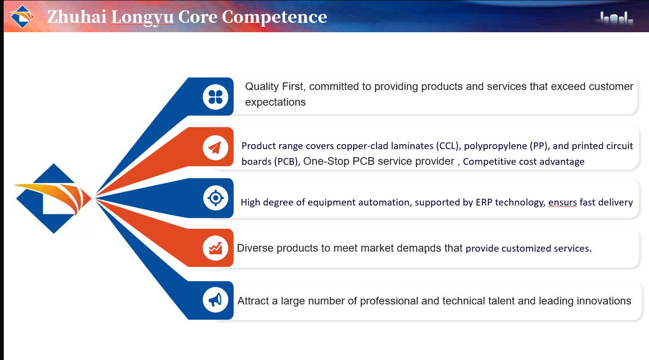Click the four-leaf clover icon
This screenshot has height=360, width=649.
pos(216,97)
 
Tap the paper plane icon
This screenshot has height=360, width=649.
pos(215,148)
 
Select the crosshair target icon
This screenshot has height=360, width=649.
pos(216,198)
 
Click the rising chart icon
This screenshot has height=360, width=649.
pos(216,248)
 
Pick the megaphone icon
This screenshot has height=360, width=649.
pos(215,300)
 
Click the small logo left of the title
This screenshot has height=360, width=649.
pos(22,17)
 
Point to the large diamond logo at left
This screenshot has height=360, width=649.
pos(53,198)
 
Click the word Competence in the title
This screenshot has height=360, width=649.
pos(274,17)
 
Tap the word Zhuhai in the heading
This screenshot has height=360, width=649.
pos(77,17)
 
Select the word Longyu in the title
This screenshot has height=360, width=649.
pos(143,17)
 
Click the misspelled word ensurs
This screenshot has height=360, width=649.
pos(562,202)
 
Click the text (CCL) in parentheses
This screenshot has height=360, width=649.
pos(448,146)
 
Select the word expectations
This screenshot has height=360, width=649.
pos(275,103)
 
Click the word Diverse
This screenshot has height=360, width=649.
pos(255,248)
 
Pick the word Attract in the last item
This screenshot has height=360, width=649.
pos(253,301)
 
